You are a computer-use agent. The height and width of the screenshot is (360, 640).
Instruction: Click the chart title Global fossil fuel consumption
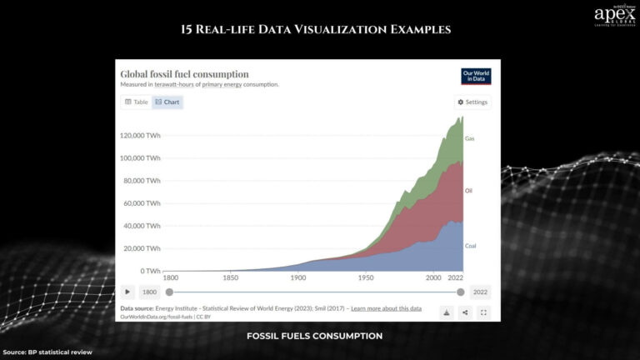point(184,74)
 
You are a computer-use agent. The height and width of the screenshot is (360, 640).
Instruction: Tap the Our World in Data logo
point(476,76)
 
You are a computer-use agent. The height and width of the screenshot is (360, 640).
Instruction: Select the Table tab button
point(136,102)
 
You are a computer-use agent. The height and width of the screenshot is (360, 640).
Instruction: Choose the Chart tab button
point(167,102)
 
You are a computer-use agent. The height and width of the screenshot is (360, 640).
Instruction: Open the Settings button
point(472,102)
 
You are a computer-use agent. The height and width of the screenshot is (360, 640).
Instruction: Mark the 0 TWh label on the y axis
point(150,271)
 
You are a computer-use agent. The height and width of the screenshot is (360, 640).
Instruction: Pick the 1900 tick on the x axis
point(298,277)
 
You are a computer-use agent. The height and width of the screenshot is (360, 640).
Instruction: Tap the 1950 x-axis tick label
point(366,277)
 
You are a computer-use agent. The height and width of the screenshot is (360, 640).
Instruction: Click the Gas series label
point(469,138)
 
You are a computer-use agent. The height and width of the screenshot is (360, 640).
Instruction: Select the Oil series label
point(468,191)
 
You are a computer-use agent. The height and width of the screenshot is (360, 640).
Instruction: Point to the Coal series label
point(470,246)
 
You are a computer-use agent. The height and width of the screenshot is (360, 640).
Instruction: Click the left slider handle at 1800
point(170,292)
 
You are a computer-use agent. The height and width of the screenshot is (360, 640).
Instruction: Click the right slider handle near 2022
point(460,292)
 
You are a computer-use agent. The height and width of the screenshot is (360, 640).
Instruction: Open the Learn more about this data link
point(386,309)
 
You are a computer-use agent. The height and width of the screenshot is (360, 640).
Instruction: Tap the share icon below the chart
point(465,312)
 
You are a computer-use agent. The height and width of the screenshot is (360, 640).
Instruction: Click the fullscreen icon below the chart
point(483,312)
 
